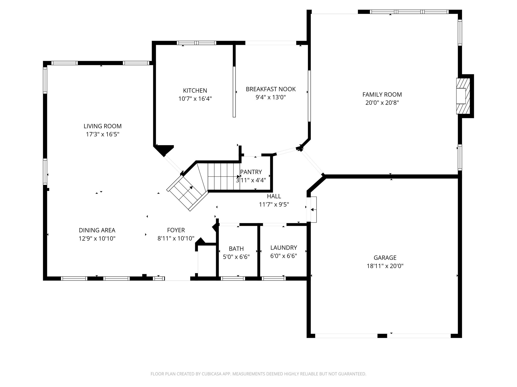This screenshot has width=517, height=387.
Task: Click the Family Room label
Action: pyautogui.click(x=382, y=94)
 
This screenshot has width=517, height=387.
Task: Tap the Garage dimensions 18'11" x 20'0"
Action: pyautogui.click(x=385, y=266)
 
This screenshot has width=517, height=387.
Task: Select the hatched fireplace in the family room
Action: pyautogui.click(x=463, y=96)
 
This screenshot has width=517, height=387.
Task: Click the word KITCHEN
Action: pyautogui.click(x=195, y=90)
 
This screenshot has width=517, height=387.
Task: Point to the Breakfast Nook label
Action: pyautogui.click(x=271, y=89)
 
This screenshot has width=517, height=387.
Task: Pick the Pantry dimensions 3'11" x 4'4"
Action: pyautogui.click(x=251, y=180)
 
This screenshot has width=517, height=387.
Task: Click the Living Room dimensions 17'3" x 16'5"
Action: pyautogui.click(x=102, y=134)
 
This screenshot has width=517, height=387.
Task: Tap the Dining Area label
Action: pyautogui.click(x=97, y=230)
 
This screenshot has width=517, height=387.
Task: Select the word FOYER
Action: pyautogui.click(x=176, y=230)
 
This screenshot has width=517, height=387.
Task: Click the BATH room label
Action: pyautogui.click(x=236, y=249)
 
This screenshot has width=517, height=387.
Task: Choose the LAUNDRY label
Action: pyautogui.click(x=283, y=247)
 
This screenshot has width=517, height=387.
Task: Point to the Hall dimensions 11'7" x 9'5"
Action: pyautogui.click(x=274, y=204)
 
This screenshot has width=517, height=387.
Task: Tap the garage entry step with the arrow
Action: pyautogui.click(x=313, y=209)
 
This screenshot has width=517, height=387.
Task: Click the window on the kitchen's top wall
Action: pyautogui.click(x=196, y=43)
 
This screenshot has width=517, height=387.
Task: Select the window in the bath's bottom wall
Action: pyautogui.click(x=233, y=278)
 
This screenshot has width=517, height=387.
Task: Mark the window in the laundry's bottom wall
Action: pyautogui.click(x=274, y=278)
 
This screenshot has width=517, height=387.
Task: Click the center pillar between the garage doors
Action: pyautogui.click(x=382, y=336)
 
